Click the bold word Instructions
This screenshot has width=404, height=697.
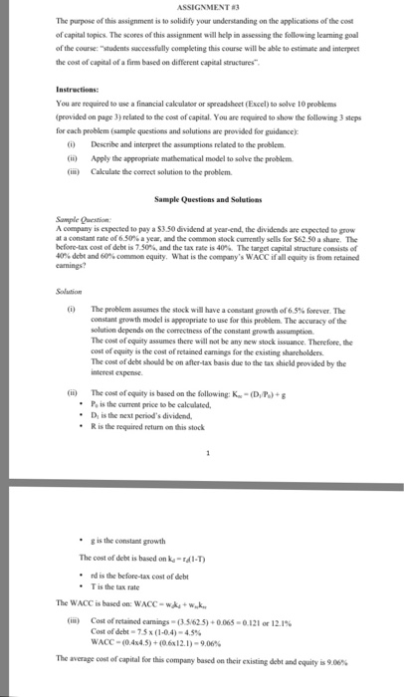click(x=80, y=89)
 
